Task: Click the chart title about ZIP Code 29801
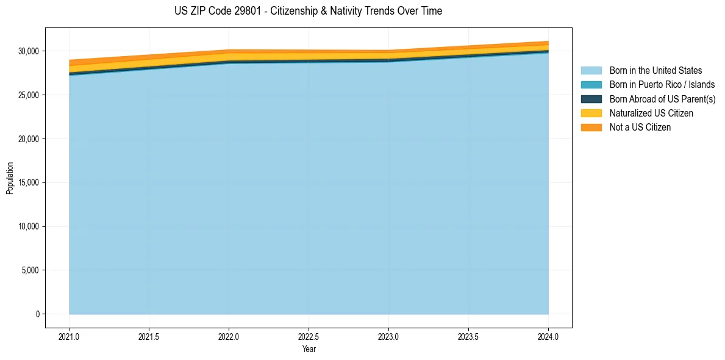(x=308, y=11)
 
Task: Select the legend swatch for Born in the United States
(x=591, y=71)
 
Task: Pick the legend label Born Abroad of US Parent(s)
(x=662, y=99)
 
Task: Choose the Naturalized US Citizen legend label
(x=651, y=113)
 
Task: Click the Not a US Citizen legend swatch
(x=591, y=127)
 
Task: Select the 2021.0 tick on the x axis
(x=70, y=336)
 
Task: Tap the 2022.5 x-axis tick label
(x=309, y=336)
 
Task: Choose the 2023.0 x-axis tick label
(x=388, y=336)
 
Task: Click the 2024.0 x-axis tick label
(x=548, y=336)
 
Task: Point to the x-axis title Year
(x=309, y=349)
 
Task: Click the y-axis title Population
(x=10, y=178)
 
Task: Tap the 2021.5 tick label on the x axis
(x=149, y=336)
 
